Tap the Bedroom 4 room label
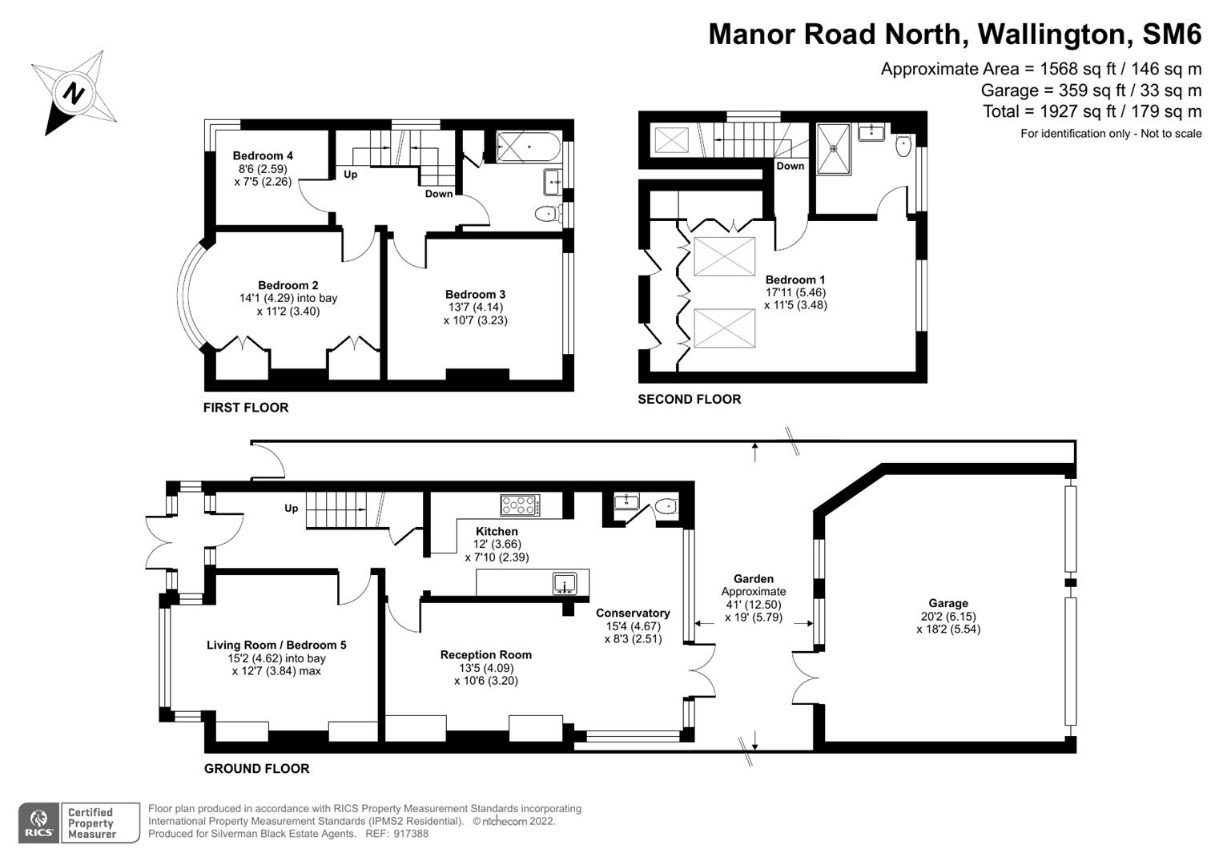tap(263, 156)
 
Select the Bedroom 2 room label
tap(288, 286)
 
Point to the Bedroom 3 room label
tap(475, 295)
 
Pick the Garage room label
tap(948, 604)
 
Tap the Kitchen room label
tap(497, 532)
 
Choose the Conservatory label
tap(633, 614)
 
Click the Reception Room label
tap(485, 655)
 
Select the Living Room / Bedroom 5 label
tap(276, 646)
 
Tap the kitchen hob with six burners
tap(520, 505)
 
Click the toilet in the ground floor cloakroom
tap(665, 506)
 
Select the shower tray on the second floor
tap(834, 148)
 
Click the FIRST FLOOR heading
tap(245, 408)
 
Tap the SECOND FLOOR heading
tap(689, 400)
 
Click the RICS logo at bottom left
tap(38, 823)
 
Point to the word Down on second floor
tap(790, 167)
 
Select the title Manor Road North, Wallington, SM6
tap(955, 34)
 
